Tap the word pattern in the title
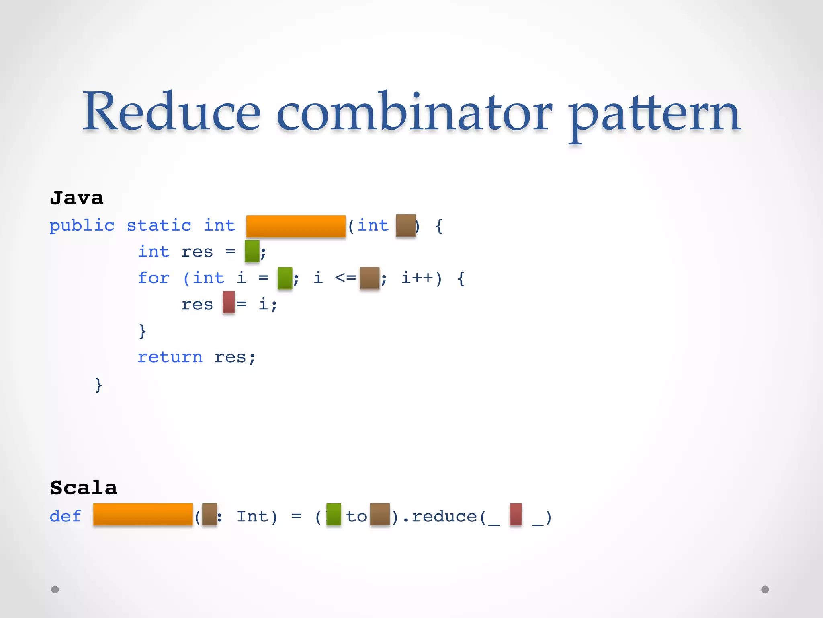click(x=655, y=115)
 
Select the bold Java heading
click(x=76, y=198)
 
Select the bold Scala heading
click(x=83, y=488)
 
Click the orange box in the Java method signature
click(x=296, y=226)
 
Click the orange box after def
click(x=143, y=514)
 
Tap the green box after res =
click(x=252, y=251)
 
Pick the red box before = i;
click(x=229, y=302)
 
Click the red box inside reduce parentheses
click(x=516, y=514)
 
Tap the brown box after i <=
click(x=369, y=278)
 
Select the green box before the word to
click(x=334, y=514)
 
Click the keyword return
click(x=170, y=357)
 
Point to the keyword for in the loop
click(x=154, y=278)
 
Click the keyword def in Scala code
click(x=65, y=516)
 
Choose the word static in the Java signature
click(x=159, y=225)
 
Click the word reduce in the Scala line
click(x=444, y=516)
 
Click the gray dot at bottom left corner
click(x=55, y=589)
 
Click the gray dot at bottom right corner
click(x=765, y=589)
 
